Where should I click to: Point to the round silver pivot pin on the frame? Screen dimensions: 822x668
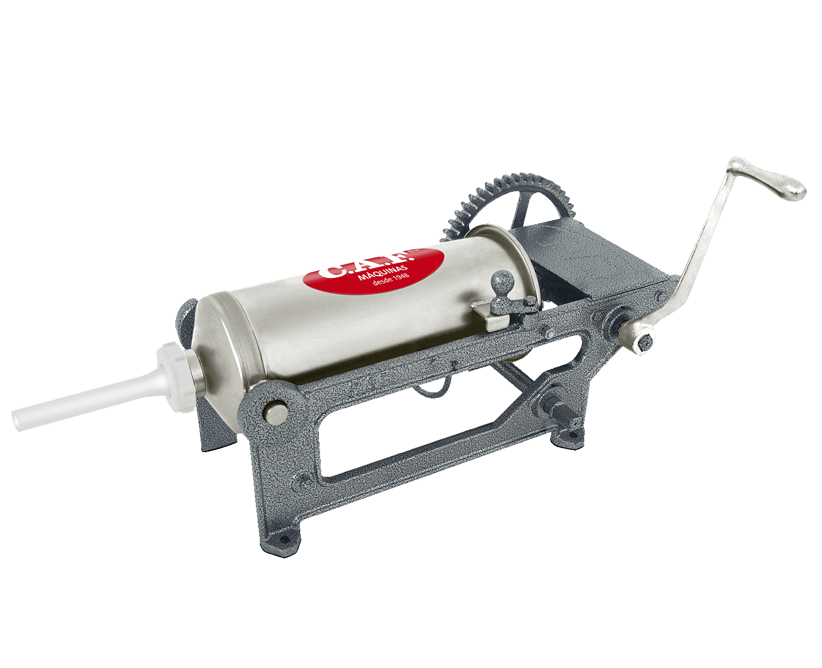(275, 411)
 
